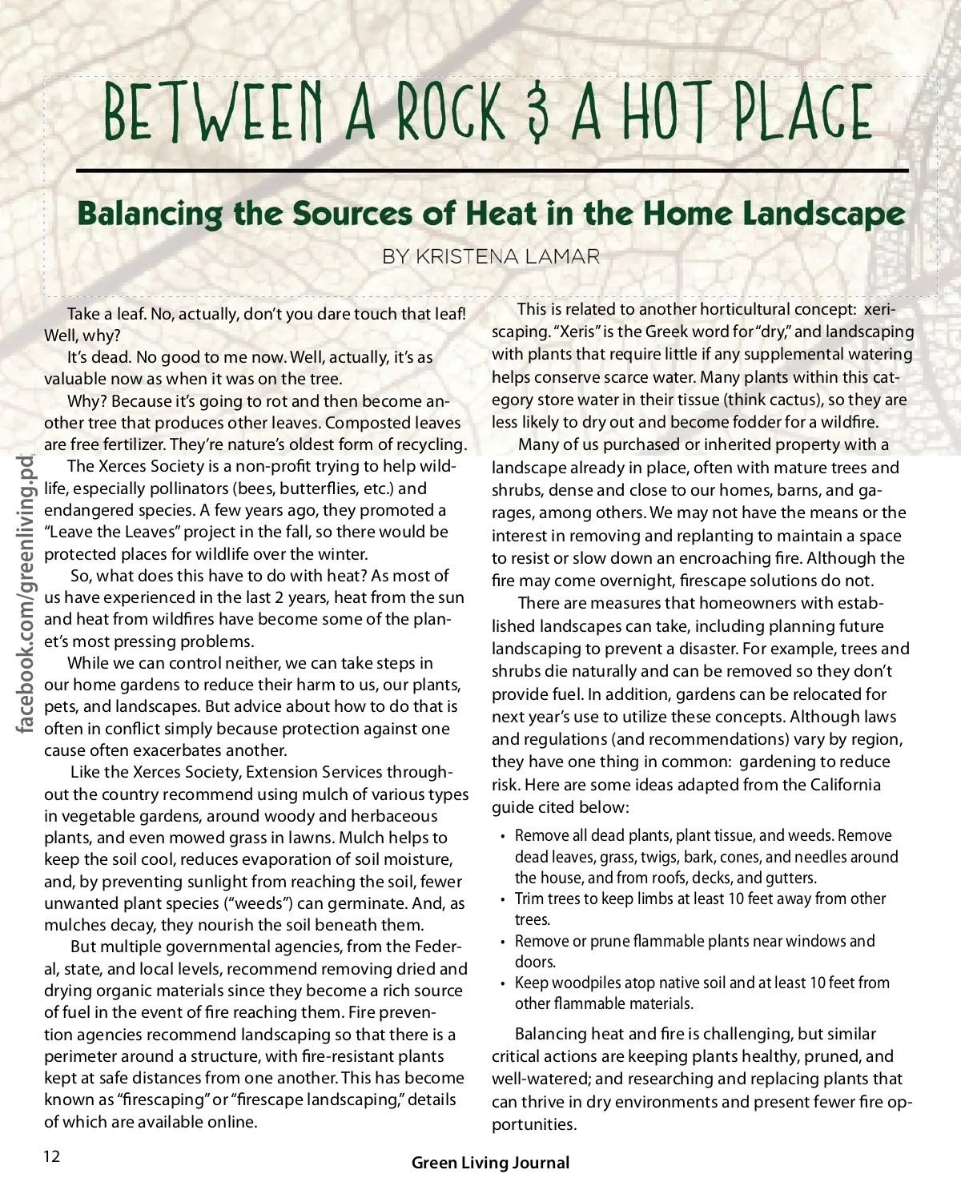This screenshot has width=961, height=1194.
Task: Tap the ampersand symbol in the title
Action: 541,113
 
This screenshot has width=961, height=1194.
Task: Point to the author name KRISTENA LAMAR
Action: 491,256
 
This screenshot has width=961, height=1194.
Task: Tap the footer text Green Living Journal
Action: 490,1163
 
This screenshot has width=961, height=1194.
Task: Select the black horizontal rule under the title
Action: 492,171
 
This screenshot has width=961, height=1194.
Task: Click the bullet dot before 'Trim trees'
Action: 502,900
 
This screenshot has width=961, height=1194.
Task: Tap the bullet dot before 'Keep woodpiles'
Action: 502,984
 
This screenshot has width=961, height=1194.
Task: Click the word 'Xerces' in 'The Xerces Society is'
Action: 132,467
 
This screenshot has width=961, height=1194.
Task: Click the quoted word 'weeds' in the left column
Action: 256,903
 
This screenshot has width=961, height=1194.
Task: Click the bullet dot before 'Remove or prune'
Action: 502,943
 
